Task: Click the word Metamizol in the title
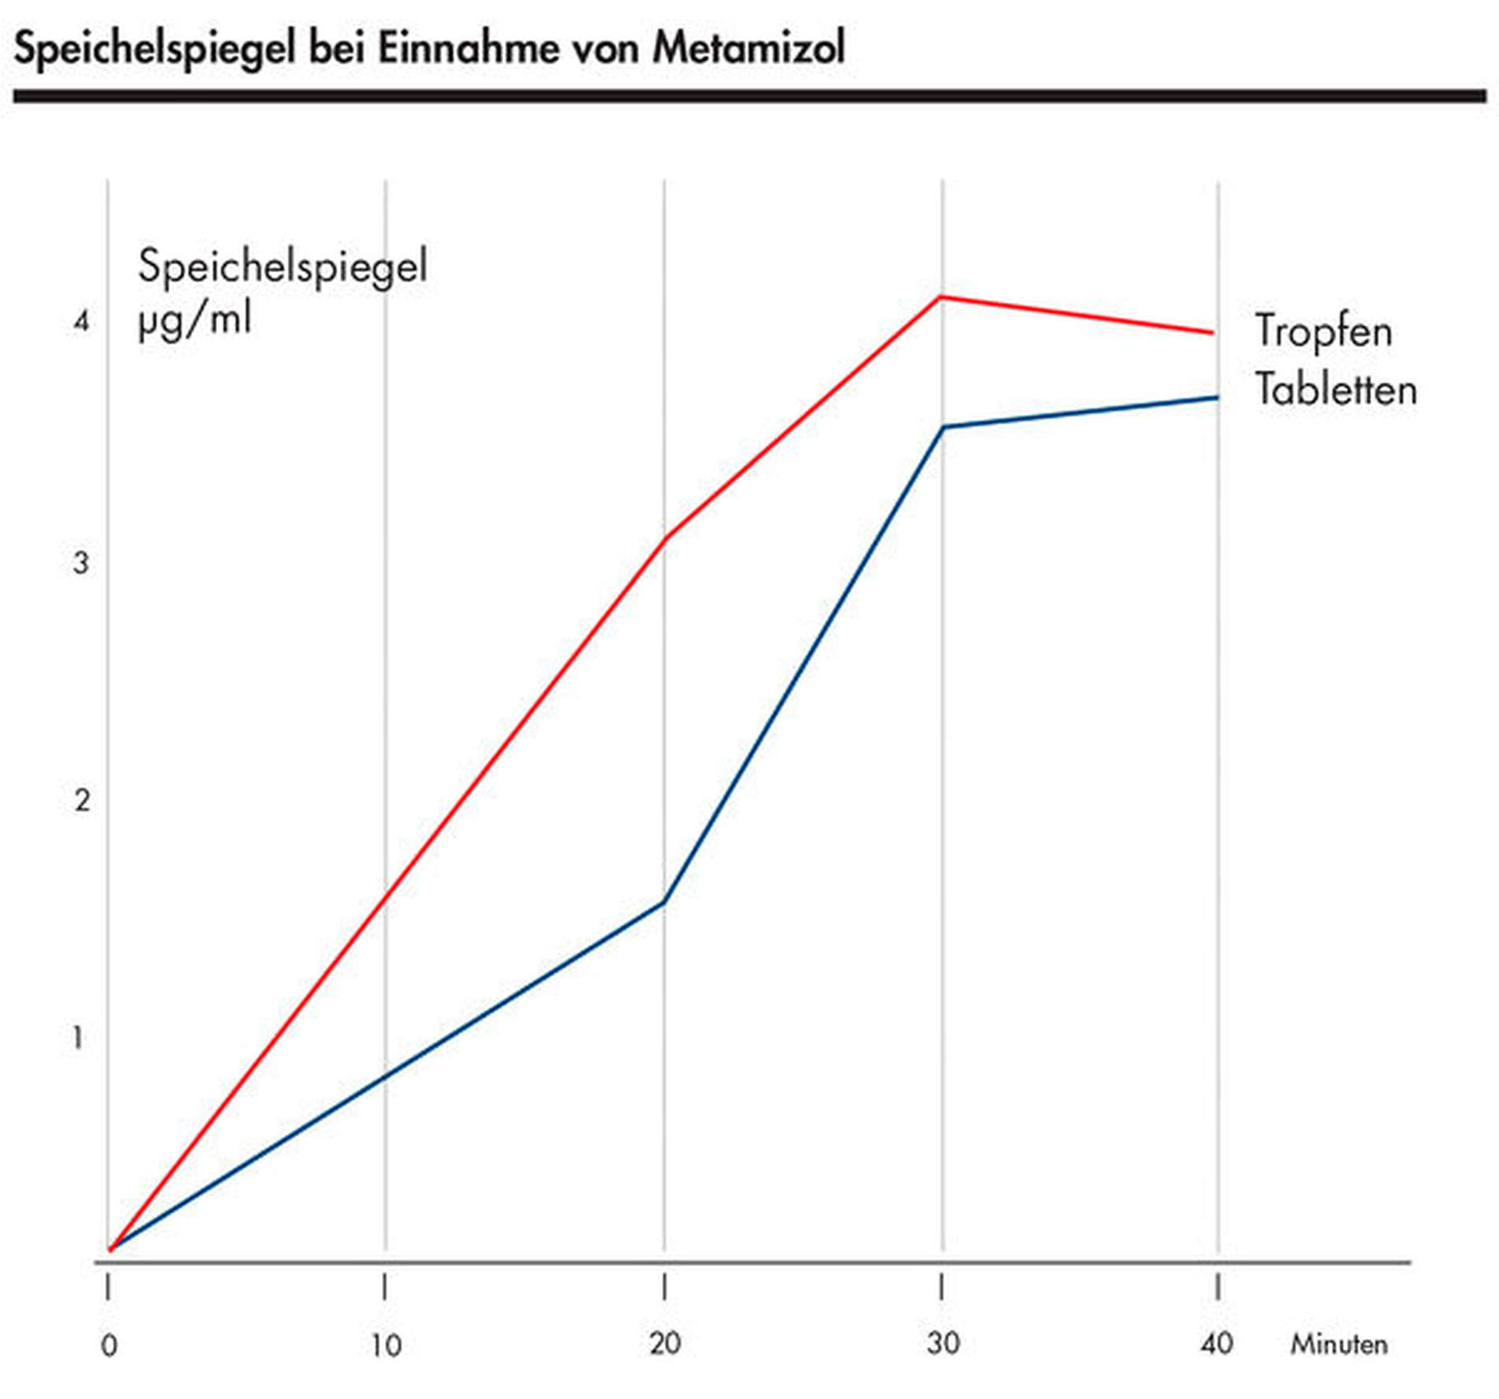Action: (x=748, y=47)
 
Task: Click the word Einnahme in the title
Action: (x=469, y=47)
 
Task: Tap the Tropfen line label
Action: (x=1323, y=331)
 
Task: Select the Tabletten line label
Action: (x=1335, y=390)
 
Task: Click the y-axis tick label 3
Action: (x=80, y=563)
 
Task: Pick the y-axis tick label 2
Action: (x=82, y=801)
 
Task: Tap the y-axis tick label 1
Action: (x=78, y=1038)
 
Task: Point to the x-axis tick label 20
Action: (x=665, y=1344)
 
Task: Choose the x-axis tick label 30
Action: (x=943, y=1344)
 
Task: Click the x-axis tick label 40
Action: (x=1217, y=1344)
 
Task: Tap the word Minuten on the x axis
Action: (x=1338, y=1345)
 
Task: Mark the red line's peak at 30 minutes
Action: (x=940, y=297)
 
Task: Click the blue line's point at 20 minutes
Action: (x=664, y=901)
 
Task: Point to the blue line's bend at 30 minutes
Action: (x=944, y=428)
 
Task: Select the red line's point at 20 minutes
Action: (x=664, y=540)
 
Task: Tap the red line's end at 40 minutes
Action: (x=1213, y=333)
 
